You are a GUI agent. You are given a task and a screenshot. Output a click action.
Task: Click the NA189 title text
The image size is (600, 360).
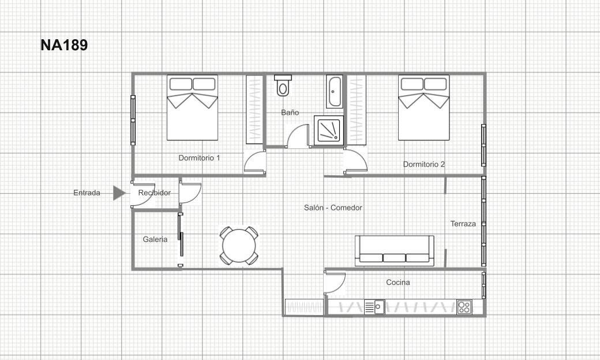click(x=64, y=45)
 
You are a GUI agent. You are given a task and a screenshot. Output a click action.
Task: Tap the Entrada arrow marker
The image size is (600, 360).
click(x=119, y=193)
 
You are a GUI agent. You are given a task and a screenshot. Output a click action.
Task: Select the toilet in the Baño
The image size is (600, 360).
click(x=283, y=85)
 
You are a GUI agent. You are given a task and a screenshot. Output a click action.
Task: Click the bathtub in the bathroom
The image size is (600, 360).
click(x=335, y=92)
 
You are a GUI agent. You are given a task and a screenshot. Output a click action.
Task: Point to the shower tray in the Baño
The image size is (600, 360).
click(x=329, y=130)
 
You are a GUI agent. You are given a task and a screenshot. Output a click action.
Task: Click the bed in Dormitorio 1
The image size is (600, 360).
click(x=193, y=107)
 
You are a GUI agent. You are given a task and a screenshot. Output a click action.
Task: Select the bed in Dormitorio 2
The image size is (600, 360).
click(x=424, y=107)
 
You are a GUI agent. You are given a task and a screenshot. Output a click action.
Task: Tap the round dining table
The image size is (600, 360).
click(x=239, y=246)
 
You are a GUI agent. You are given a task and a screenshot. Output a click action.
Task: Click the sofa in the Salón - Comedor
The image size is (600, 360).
click(x=395, y=250)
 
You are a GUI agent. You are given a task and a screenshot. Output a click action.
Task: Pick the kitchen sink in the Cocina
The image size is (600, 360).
click(x=374, y=307)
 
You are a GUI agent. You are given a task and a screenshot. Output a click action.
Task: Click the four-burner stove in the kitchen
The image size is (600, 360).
click(x=464, y=307)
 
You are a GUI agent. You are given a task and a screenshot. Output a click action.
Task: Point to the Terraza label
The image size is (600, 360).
click(x=463, y=224)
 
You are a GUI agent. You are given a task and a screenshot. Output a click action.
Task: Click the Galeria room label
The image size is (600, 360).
click(x=155, y=239)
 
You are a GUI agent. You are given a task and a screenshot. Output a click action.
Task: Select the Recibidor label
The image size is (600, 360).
click(x=154, y=193)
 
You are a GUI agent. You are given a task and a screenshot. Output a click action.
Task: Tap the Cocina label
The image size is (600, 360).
click(x=398, y=282)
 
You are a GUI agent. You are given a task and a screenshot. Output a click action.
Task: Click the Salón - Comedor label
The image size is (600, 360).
click(x=333, y=208)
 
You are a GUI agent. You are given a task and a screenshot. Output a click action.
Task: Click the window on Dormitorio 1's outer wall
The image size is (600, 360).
click(x=133, y=120)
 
